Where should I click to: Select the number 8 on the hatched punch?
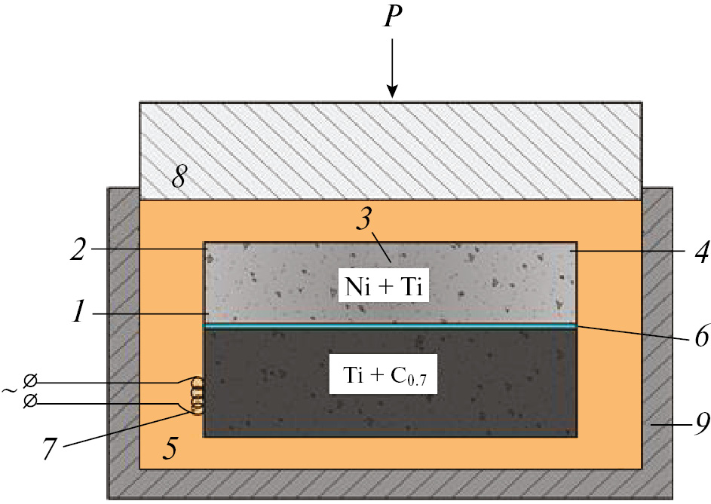click(179, 179)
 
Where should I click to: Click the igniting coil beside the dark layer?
click(198, 396)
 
